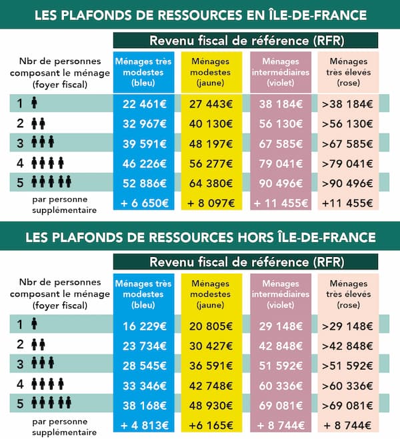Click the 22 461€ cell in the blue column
[143, 103]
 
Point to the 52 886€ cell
[143, 183]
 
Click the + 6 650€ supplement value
[143, 203]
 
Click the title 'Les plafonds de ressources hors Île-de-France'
[200, 237]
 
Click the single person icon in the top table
[34, 104]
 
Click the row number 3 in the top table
[21, 144]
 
